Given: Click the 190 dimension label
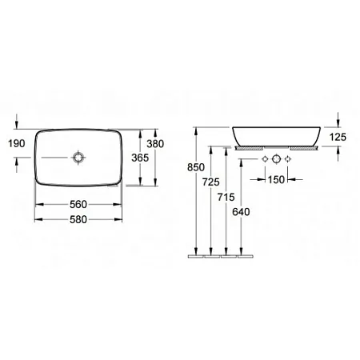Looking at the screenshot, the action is pyautogui.click(x=17, y=143).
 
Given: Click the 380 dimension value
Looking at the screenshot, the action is pyautogui.click(x=155, y=144).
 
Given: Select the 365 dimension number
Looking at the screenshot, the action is pyautogui.click(x=140, y=158).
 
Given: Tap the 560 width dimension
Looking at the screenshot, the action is pyautogui.click(x=78, y=205).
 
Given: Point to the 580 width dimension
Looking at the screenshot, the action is pyautogui.click(x=78, y=220).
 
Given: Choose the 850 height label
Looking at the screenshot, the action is pyautogui.click(x=196, y=167).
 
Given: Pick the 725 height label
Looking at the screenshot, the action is pyautogui.click(x=211, y=182).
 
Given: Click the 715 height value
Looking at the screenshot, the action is pyautogui.click(x=226, y=198).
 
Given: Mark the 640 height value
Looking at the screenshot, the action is pyautogui.click(x=241, y=212).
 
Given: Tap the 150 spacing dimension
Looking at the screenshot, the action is pyautogui.click(x=276, y=180).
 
